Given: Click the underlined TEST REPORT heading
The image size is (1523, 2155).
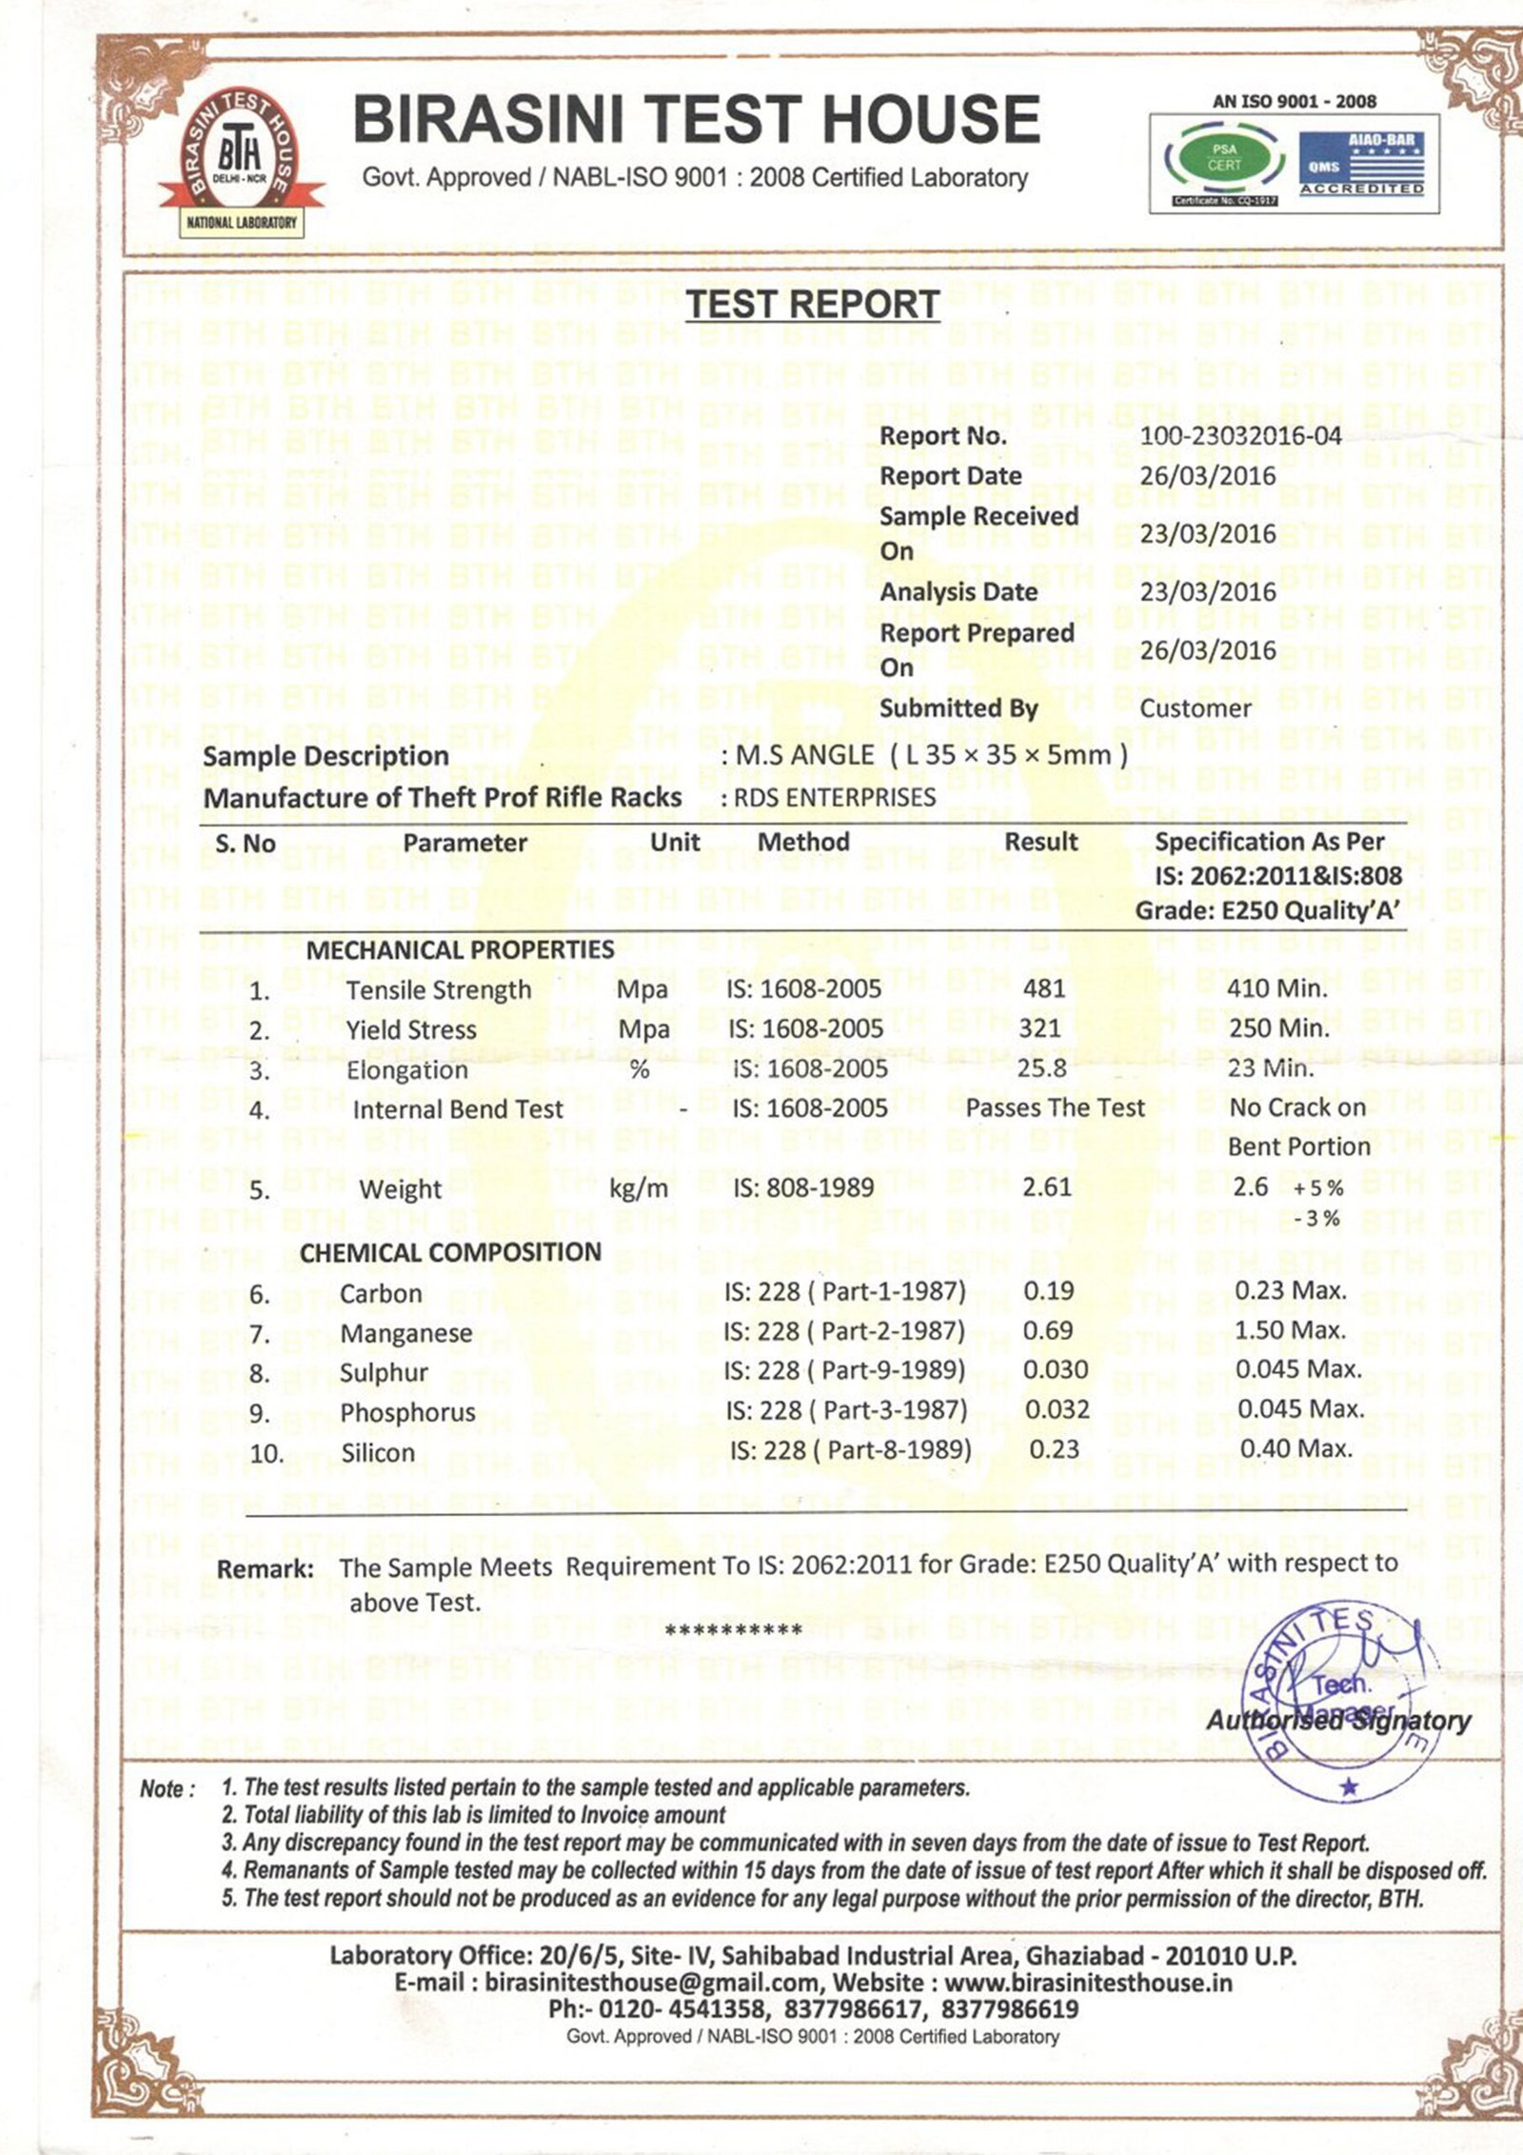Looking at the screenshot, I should click(x=813, y=305).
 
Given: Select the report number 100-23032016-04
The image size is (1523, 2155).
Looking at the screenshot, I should click(x=1240, y=436).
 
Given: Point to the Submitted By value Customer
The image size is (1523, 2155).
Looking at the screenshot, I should click(x=1195, y=708).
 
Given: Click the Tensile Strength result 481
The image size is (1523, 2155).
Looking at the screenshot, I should click(x=1043, y=988).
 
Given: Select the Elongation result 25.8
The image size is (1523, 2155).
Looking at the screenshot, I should click(x=1041, y=1068).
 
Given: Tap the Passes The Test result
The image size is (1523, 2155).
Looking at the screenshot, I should click(x=1055, y=1107).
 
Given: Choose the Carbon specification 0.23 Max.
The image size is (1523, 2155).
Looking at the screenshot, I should click(x=1290, y=1291).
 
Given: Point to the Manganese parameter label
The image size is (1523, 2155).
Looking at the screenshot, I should click(x=405, y=1333).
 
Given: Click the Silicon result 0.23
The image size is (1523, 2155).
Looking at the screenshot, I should click(x=1054, y=1449).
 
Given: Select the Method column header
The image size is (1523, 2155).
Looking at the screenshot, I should click(x=803, y=842).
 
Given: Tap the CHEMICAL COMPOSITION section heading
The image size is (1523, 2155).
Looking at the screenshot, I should click(x=450, y=1252).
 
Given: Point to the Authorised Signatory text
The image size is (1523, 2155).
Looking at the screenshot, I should click(x=1337, y=1721).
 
